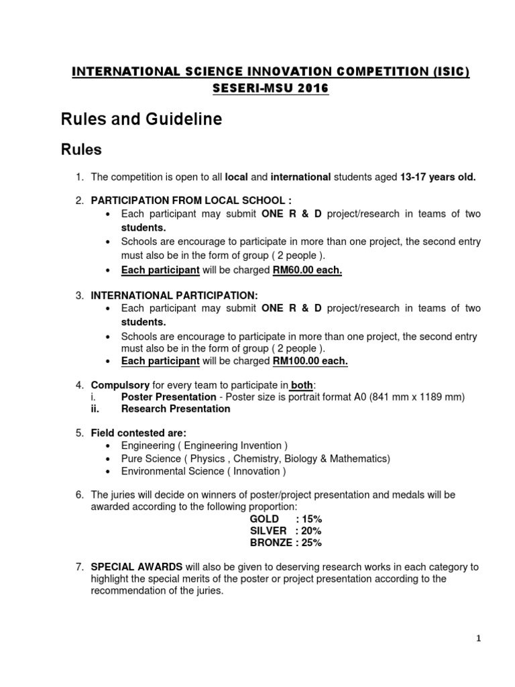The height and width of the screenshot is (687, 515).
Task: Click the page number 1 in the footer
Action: [x=479, y=639]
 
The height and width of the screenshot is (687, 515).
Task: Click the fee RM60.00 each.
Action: [x=307, y=270]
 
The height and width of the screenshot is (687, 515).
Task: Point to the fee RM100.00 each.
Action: [x=310, y=361]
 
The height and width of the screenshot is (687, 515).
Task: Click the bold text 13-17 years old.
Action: [x=438, y=177]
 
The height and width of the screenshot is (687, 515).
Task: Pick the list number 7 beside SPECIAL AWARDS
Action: [x=78, y=567]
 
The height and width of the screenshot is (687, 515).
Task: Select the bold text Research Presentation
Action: [x=176, y=409]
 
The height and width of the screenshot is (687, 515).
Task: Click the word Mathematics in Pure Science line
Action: [x=361, y=458]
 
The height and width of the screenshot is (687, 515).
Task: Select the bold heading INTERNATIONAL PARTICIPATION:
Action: [x=174, y=295]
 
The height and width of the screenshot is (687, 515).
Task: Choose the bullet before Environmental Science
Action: [x=109, y=471]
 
